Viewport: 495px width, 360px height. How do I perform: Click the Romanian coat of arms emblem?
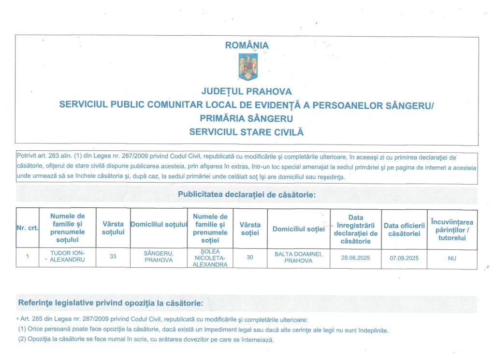(x=247, y=67)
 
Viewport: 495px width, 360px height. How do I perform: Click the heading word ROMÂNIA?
(x=247, y=45)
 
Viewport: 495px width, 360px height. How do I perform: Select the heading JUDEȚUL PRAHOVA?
(x=247, y=91)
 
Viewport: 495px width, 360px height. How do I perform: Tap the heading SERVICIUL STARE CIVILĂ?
(x=247, y=131)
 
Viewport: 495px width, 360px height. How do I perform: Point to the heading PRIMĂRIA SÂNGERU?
(x=247, y=118)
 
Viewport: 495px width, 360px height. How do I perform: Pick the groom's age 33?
(x=113, y=256)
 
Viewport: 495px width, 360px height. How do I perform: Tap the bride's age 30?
(x=250, y=258)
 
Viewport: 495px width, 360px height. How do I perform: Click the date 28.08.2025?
(x=355, y=258)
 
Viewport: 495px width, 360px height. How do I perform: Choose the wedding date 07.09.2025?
(x=404, y=258)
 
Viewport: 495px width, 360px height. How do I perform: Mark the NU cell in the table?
(x=452, y=259)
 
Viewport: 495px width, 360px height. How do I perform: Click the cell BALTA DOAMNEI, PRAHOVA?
(x=298, y=257)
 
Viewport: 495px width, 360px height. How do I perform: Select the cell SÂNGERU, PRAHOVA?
(x=159, y=257)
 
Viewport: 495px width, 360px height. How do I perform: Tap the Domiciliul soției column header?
(x=298, y=229)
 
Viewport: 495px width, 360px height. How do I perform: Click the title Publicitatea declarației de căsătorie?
(x=247, y=195)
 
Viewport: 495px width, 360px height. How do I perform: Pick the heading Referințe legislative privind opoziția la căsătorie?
(x=111, y=303)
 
